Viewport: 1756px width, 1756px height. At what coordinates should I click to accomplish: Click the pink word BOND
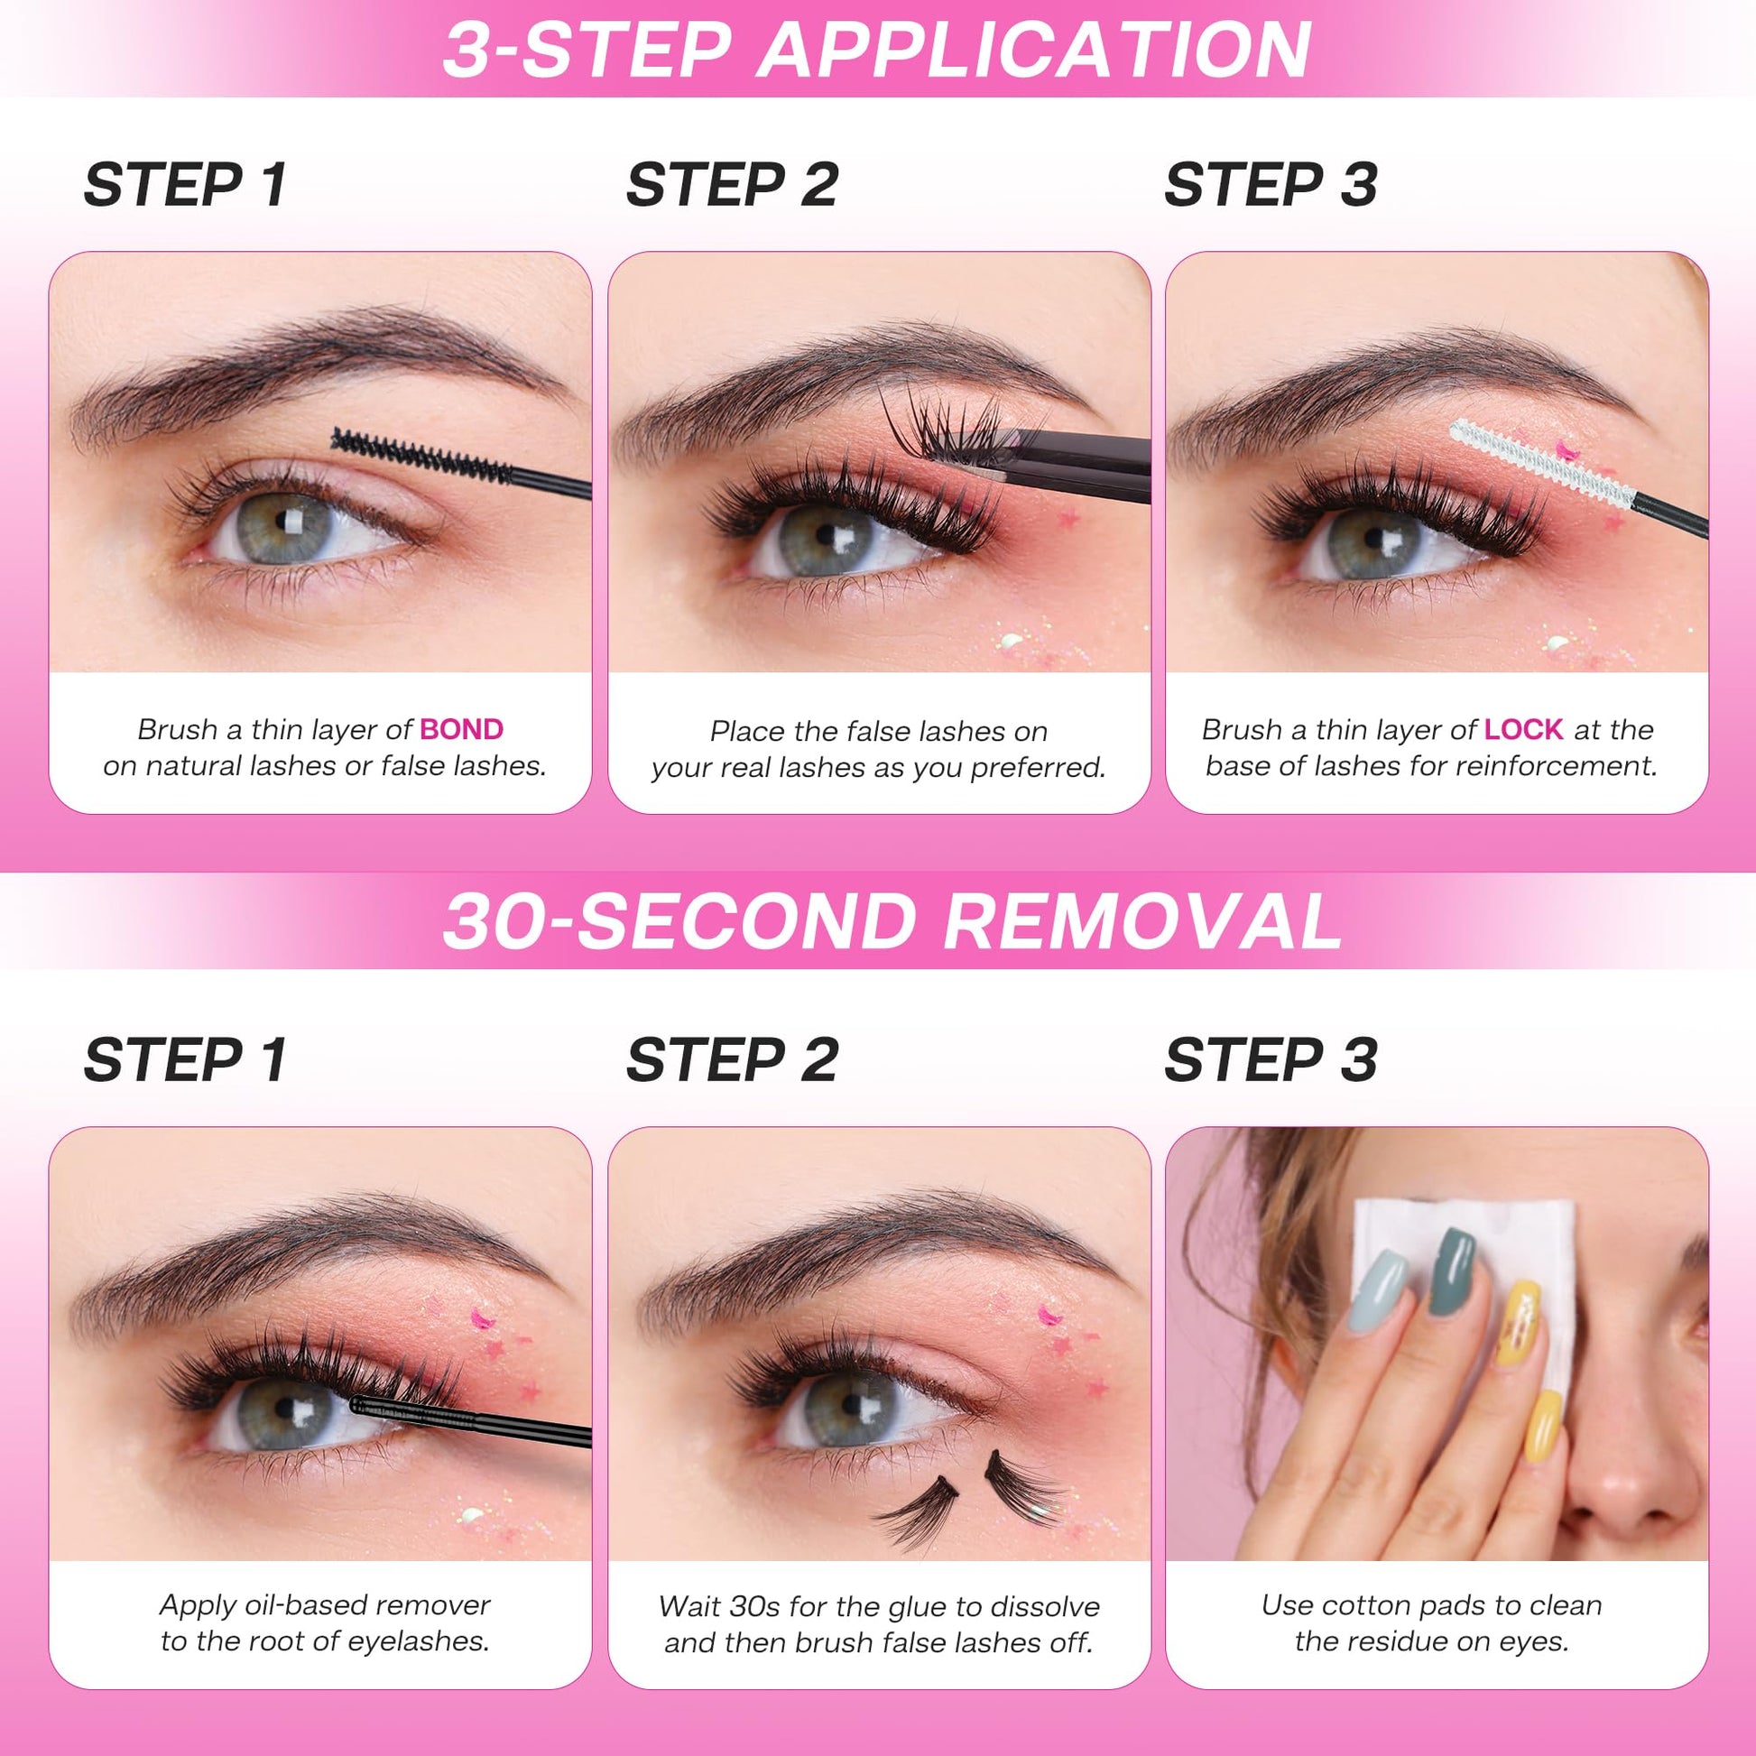pyautogui.click(x=462, y=729)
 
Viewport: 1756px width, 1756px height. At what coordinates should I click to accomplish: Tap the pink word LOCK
pyautogui.click(x=1523, y=729)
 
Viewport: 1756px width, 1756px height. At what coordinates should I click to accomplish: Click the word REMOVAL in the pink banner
pyautogui.click(x=1142, y=920)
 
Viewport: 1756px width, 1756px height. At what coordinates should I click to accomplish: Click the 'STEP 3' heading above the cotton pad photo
pyautogui.click(x=1270, y=1059)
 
